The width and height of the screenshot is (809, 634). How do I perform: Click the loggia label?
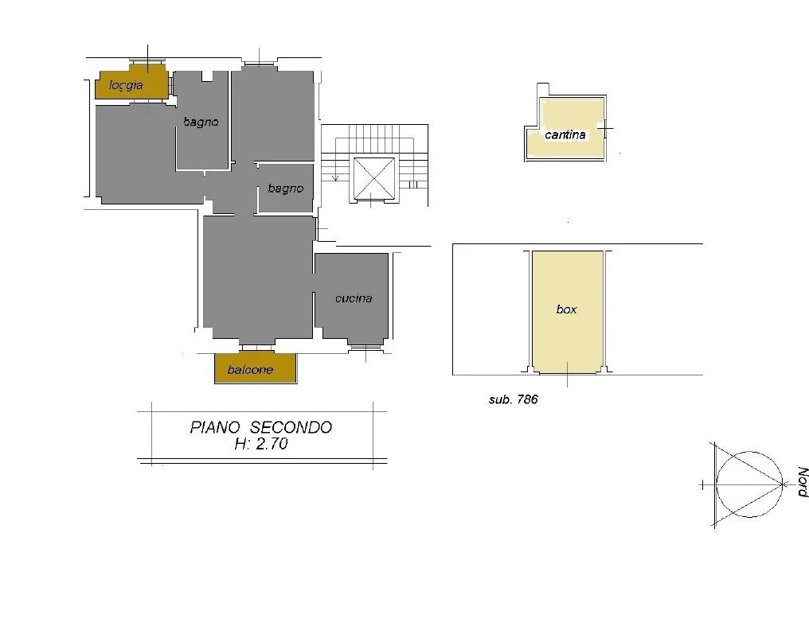[x=126, y=85]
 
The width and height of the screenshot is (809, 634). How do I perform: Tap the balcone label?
[x=250, y=370]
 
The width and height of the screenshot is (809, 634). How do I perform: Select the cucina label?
[x=354, y=298]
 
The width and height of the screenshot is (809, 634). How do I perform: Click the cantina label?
[x=565, y=134]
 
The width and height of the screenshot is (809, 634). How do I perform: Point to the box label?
[x=566, y=309]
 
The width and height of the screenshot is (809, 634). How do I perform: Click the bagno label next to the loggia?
[x=201, y=123]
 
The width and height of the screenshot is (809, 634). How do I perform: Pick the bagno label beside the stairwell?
[x=286, y=189]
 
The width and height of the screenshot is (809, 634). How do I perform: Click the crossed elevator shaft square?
[x=373, y=179]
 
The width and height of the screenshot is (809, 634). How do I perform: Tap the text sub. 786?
[x=514, y=399]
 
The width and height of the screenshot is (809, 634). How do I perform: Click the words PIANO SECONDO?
[x=261, y=427]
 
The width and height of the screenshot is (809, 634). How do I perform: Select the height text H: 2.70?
[x=261, y=444]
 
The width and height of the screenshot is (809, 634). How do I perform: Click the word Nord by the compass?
[x=803, y=482]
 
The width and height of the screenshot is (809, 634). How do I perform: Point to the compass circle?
[x=749, y=452]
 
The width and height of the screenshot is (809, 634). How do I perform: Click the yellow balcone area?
[x=256, y=368]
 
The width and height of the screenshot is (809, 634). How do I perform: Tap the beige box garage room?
[x=567, y=312]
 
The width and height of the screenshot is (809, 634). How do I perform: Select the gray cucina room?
[x=351, y=296]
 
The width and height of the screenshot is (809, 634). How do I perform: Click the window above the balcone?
[x=256, y=348]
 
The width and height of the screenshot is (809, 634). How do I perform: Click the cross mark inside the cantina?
[x=606, y=128]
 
